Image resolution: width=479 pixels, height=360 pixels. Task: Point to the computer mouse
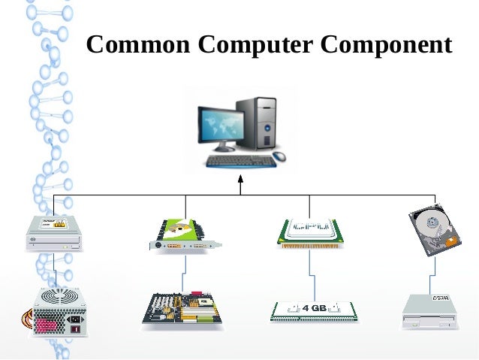(279, 156)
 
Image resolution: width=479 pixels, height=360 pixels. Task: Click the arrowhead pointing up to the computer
(240, 181)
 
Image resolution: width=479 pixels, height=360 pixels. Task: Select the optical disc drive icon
(53, 232)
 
